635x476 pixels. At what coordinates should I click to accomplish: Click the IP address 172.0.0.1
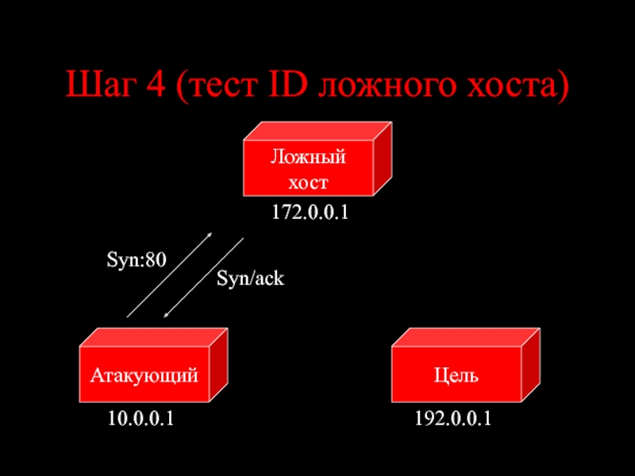tap(310, 213)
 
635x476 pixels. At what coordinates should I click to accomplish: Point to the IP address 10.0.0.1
tap(141, 419)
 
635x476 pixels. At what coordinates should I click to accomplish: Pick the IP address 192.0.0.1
tap(453, 419)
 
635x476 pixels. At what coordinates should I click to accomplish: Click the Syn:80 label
tap(137, 259)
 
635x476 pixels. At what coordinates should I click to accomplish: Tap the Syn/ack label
tap(250, 278)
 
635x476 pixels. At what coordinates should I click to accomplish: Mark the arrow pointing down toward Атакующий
tap(203, 278)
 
